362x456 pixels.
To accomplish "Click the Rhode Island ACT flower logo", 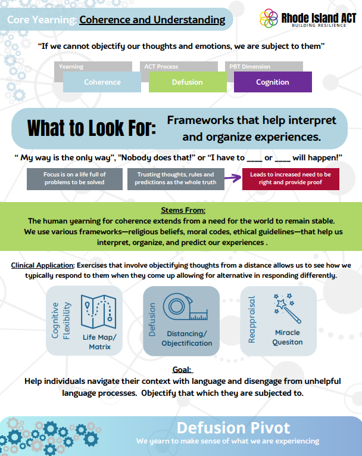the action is pos(269,18).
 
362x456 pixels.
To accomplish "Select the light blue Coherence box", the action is pos(102,82).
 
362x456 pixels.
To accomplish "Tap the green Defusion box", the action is pos(188,82).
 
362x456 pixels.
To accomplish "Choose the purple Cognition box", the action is pos(273,82).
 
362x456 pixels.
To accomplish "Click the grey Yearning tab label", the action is pos(71,67).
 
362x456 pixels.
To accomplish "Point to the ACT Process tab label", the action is pos(161,67).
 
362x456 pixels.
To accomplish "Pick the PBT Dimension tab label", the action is pos(249,67).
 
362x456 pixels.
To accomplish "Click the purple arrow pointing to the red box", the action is pos(233,178).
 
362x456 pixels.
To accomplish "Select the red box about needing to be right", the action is pos(291,179).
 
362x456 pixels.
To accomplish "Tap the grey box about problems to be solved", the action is pos(74,179).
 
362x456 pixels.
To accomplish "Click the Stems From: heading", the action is pos(183,210).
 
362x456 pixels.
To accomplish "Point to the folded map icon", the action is pos(98,312).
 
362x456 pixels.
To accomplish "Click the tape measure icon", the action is pos(185,307).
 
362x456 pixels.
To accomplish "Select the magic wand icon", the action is pos(287,308).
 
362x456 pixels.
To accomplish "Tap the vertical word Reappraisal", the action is pos(252,319).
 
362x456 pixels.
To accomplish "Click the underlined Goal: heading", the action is pos(182,370).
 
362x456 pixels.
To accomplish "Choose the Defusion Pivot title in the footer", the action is pos(233,428).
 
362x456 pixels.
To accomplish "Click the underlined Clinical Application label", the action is pos(43,265).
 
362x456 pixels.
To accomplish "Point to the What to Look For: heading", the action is pos(92,128).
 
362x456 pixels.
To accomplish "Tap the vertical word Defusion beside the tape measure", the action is pos(152,320).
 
